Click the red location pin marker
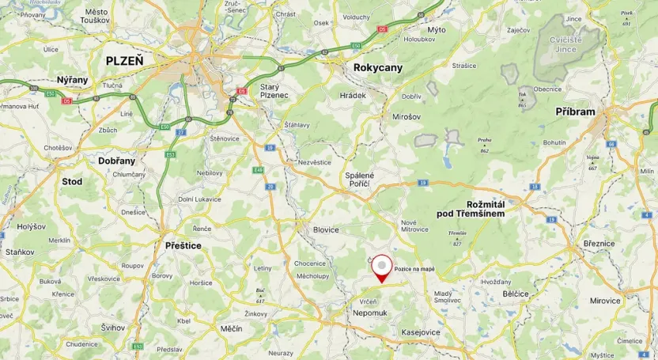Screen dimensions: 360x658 382,267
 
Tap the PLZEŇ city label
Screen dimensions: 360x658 125,60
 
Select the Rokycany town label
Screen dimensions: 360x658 378,68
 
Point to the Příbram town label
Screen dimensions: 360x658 575,112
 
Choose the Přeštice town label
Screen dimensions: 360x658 183,246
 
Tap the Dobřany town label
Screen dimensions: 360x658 116,160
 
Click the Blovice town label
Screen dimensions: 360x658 325,230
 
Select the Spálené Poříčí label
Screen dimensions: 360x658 360,180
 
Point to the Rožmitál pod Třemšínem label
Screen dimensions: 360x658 470,209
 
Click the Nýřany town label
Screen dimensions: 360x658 73,80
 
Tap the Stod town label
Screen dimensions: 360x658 72,181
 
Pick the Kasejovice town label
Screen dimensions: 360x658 422,332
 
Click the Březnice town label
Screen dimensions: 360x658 599,244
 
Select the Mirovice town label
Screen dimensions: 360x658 605,301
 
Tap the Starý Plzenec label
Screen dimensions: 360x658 274,91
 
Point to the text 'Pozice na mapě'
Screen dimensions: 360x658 414,269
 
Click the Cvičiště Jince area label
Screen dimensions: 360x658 565,44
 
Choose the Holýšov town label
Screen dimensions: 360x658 32,227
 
